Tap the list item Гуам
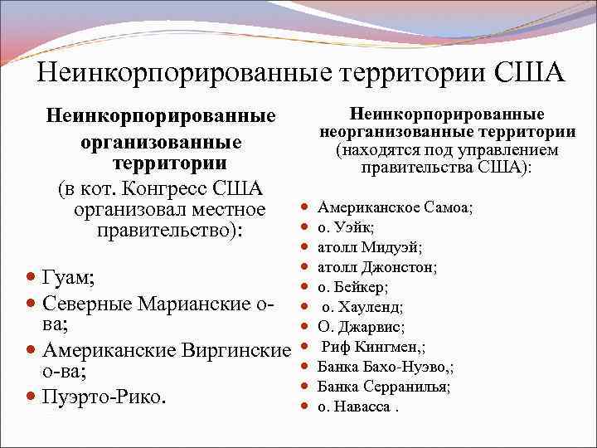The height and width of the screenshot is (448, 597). point(67,276)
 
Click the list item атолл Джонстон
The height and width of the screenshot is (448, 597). point(377,267)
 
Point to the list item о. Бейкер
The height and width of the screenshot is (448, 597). point(352,287)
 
